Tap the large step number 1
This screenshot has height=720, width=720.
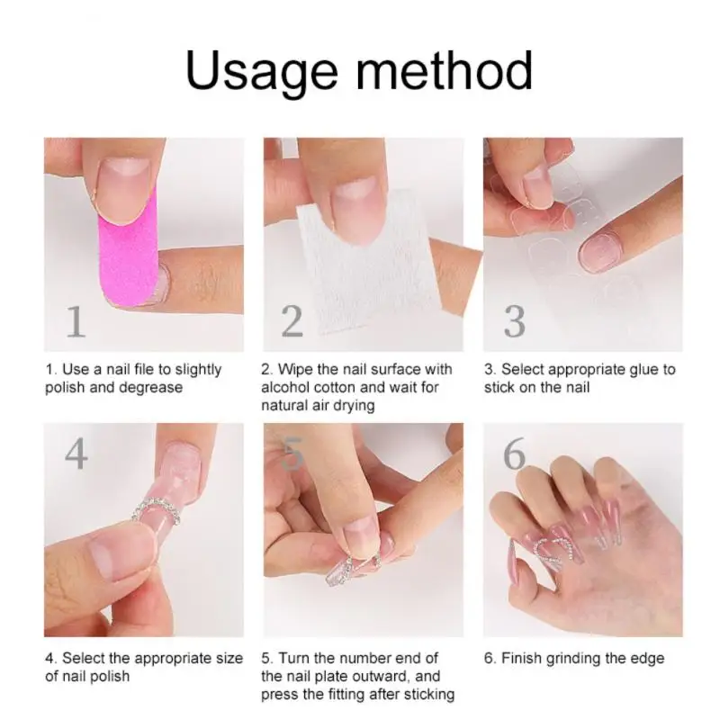(x=76, y=321)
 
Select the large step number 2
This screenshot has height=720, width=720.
(x=292, y=321)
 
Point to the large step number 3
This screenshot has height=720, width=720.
(x=514, y=321)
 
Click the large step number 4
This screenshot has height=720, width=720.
(x=76, y=454)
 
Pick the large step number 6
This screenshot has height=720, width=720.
(x=514, y=454)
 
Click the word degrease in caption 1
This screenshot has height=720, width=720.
(x=151, y=387)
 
